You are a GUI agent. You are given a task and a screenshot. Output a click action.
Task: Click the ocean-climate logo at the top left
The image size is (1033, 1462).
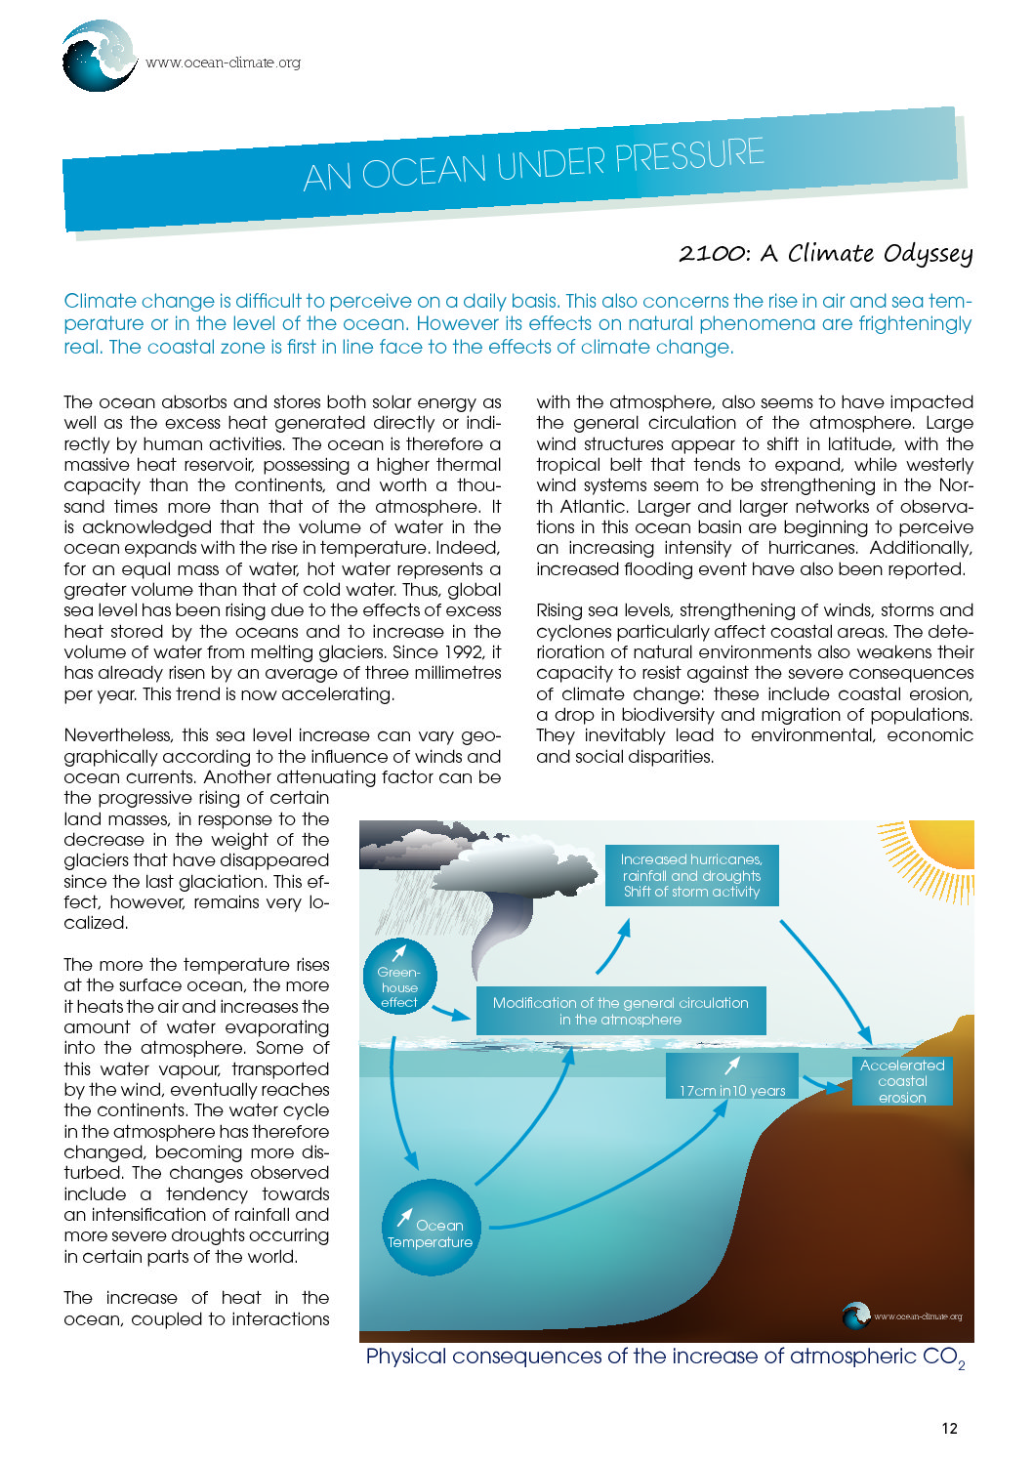[99, 57]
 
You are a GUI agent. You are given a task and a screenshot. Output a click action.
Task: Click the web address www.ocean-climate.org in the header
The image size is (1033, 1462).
[224, 63]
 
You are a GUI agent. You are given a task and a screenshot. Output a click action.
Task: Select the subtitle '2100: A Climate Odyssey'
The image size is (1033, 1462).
[825, 253]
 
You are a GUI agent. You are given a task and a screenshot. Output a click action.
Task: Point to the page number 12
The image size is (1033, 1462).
[949, 1428]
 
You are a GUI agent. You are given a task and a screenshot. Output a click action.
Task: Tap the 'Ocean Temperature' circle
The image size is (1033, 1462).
[431, 1228]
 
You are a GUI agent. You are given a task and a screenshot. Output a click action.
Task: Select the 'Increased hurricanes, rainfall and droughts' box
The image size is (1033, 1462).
[691, 875]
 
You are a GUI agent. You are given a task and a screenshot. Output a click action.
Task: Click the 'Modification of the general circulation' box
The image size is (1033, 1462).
[621, 1010]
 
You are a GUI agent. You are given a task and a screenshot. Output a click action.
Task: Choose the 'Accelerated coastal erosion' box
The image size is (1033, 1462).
[902, 1080]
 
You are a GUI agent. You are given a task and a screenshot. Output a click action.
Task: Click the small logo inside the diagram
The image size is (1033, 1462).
[857, 1316]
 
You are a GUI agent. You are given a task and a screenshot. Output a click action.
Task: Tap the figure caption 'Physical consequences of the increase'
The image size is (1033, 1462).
[644, 1357]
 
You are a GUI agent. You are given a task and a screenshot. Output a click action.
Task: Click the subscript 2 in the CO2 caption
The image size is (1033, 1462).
[962, 1365]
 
